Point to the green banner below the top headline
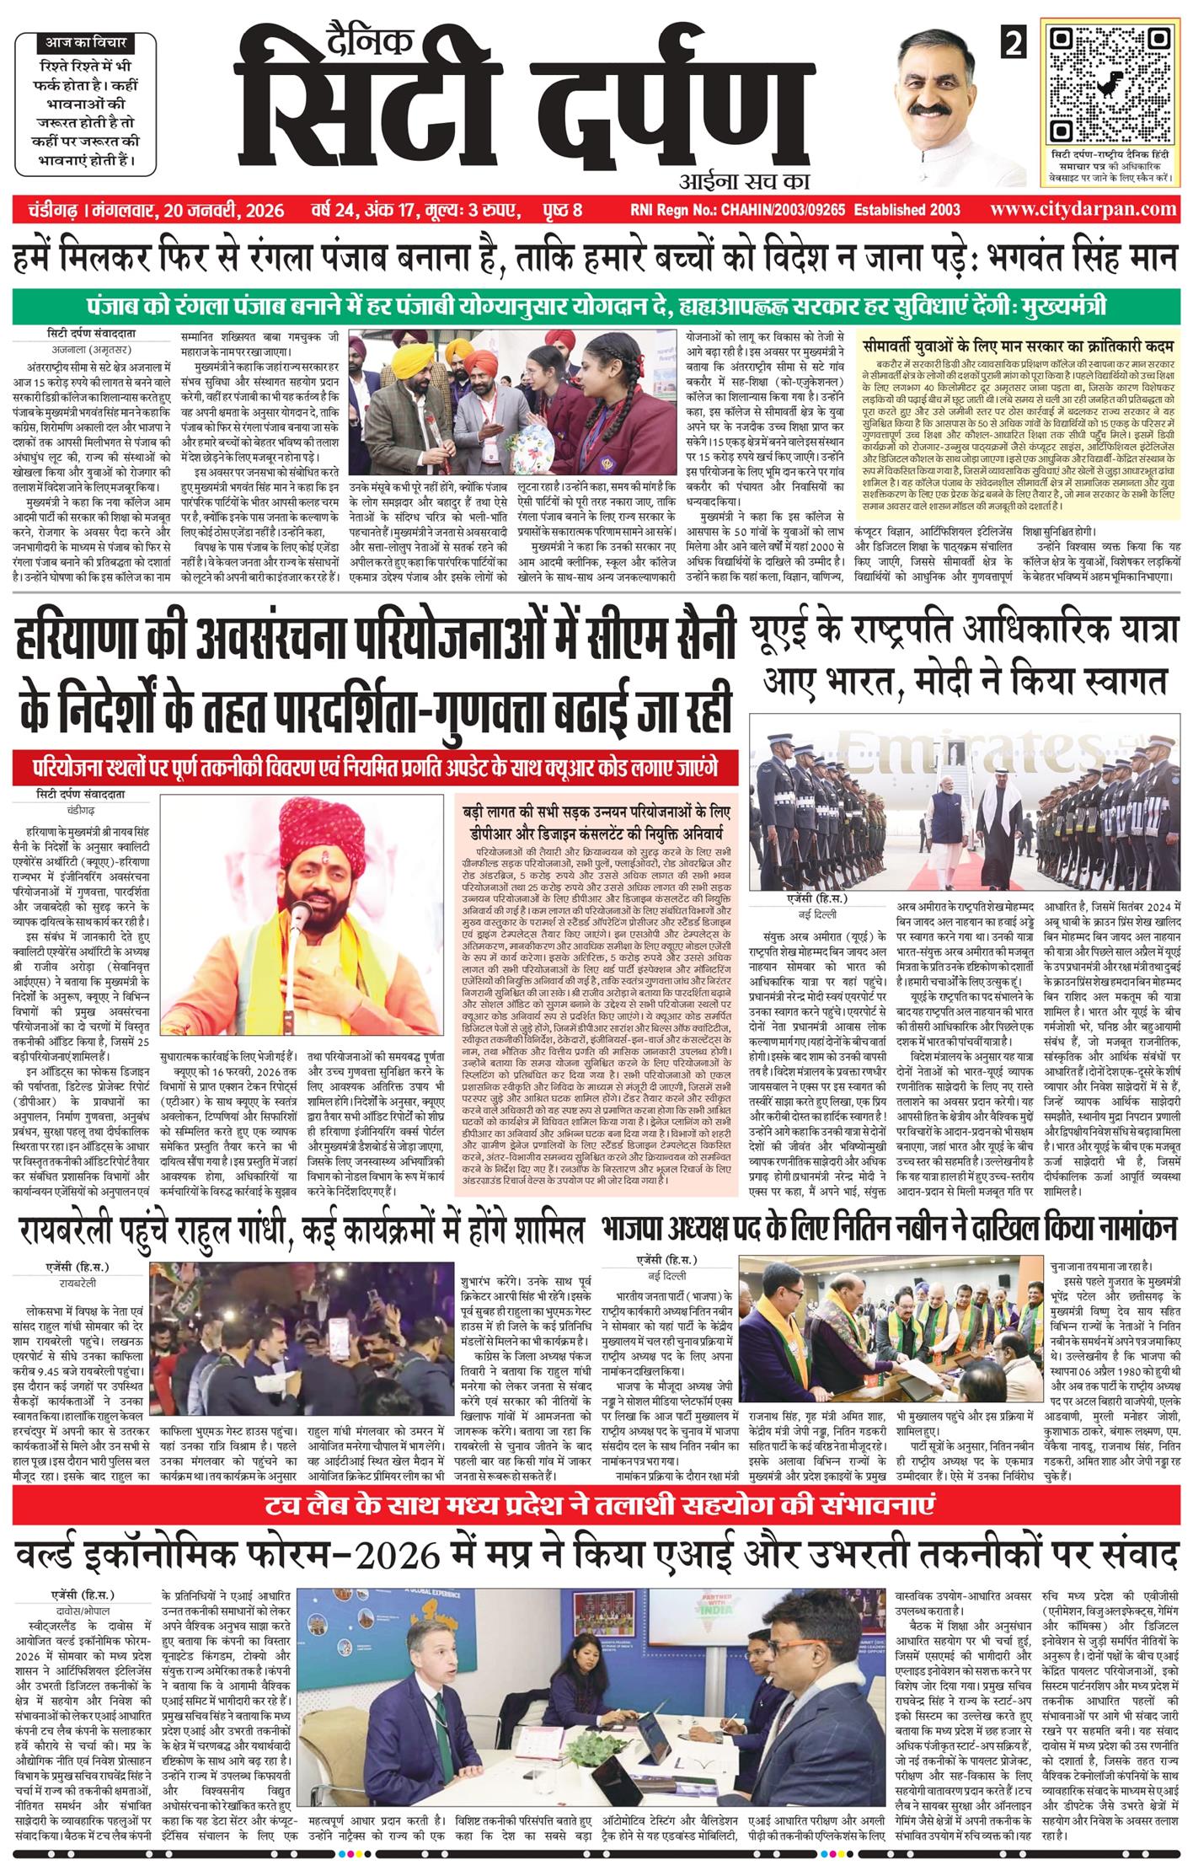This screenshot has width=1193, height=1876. pos(596,306)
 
